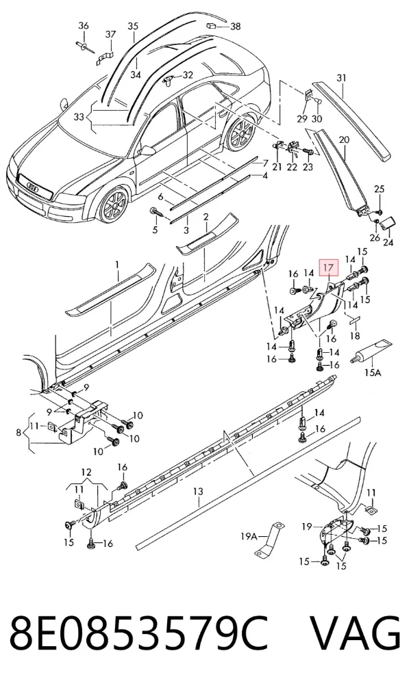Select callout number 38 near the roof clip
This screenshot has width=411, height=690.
(x=236, y=27)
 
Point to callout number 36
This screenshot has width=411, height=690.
(x=84, y=25)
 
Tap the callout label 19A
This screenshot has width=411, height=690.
(x=249, y=536)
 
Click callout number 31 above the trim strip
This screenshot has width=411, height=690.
(x=341, y=78)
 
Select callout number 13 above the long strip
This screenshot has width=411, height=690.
(x=198, y=490)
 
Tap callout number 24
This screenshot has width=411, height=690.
(x=388, y=242)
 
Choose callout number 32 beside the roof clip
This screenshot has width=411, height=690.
(x=188, y=75)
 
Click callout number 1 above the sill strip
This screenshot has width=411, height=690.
(x=117, y=265)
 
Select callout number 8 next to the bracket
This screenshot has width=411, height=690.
(x=18, y=433)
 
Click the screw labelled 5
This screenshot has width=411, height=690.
(x=157, y=213)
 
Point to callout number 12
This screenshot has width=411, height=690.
(x=86, y=472)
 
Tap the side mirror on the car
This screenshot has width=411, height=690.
(x=147, y=150)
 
